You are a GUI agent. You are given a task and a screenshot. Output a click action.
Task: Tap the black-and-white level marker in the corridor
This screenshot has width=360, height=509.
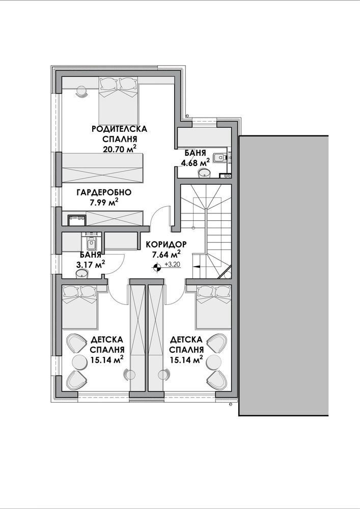[x=157, y=267]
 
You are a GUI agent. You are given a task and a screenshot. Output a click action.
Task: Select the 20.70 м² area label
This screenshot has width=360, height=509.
[x=119, y=149]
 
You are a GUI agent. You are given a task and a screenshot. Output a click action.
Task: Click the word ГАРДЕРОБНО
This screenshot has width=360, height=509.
[x=104, y=192]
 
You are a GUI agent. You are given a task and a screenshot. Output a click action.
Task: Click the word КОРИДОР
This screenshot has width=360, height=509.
[x=165, y=244]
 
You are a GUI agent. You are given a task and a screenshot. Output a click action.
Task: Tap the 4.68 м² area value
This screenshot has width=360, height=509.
[x=195, y=163]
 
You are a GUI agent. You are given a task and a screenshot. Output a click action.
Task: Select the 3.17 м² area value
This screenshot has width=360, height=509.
[x=90, y=265]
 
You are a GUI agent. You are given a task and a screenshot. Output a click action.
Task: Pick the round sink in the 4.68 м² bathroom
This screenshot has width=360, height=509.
[x=204, y=173]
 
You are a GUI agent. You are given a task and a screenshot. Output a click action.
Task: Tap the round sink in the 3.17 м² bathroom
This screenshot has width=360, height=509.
[x=82, y=274]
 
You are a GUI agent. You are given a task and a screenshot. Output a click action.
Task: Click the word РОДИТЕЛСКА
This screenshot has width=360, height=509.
[x=120, y=129]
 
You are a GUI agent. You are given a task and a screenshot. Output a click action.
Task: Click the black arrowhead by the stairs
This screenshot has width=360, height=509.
[x=197, y=266]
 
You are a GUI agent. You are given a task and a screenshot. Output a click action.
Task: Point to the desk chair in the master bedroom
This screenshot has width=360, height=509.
[x=82, y=91]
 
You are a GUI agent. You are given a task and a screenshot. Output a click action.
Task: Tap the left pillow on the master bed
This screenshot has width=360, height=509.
[x=109, y=84]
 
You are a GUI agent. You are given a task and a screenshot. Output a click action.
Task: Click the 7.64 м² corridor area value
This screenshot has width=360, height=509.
[x=166, y=254]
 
